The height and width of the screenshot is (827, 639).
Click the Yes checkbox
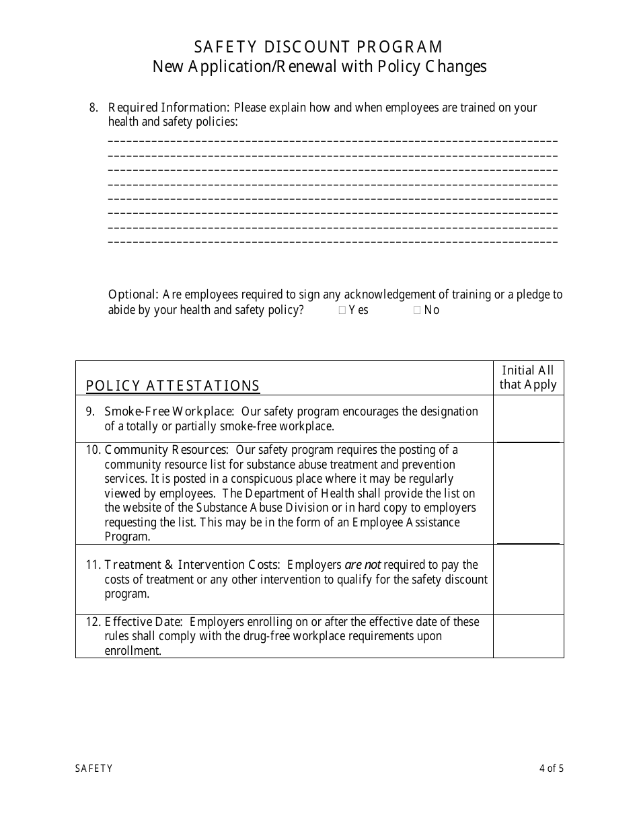coord(342,311)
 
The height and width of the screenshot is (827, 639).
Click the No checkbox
coord(417,311)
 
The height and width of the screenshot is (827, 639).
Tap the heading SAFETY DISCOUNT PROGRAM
coord(319,47)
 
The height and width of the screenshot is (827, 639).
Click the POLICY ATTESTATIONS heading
coord(173,386)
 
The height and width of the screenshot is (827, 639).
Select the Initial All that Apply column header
coord(528,378)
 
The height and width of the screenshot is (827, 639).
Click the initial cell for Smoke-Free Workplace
coord(528,419)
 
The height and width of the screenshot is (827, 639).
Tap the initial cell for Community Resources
coord(528,494)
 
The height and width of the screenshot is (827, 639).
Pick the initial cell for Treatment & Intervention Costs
coord(528,579)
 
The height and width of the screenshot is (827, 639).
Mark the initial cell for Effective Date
coord(528,635)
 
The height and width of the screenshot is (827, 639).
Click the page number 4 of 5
coord(551,769)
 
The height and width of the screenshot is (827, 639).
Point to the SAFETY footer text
coord(93,769)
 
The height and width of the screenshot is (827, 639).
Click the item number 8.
coord(93,108)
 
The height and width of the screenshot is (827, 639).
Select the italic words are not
coord(363,565)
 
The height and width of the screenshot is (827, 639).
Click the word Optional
coord(133,294)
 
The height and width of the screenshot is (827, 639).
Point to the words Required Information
coord(168,108)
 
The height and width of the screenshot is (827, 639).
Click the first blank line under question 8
coord(332,141)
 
